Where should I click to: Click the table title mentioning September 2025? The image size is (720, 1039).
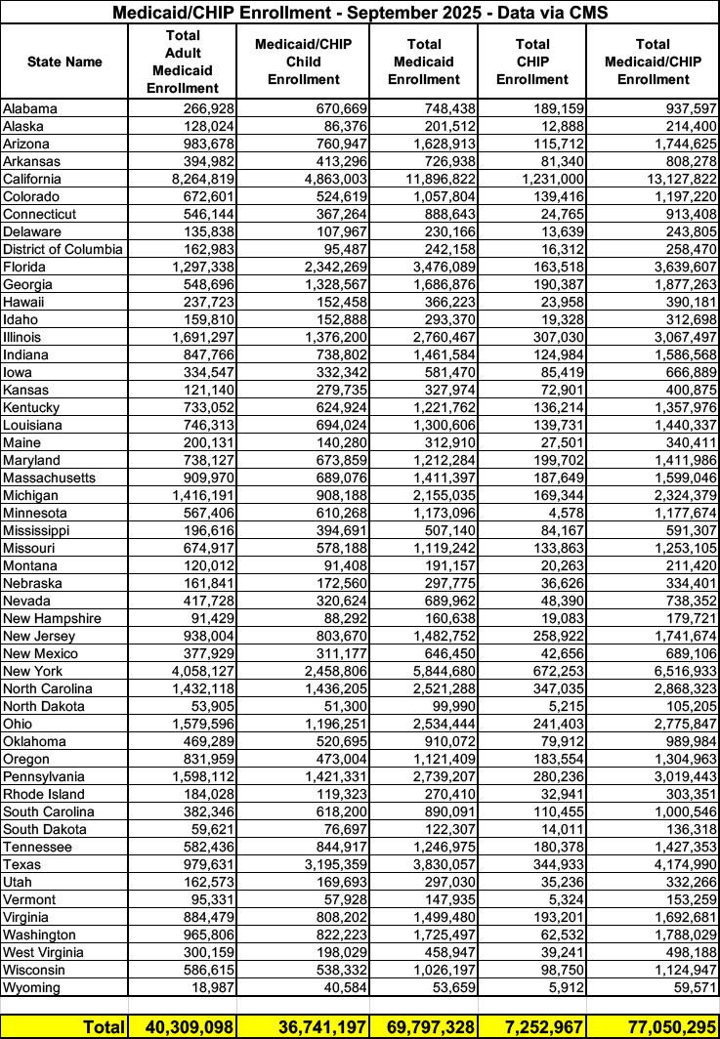click(x=360, y=13)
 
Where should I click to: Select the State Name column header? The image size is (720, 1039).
click(x=64, y=62)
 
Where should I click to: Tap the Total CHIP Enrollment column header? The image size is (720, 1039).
click(x=531, y=62)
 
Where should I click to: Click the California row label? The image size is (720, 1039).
click(x=32, y=179)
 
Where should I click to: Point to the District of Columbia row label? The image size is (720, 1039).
click(x=64, y=249)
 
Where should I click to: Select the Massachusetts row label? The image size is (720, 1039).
click(x=49, y=478)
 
